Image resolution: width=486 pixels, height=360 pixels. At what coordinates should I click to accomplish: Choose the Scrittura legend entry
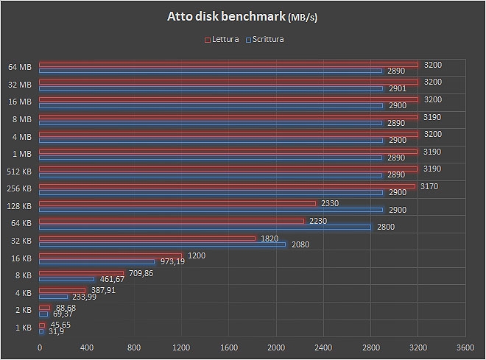coord(267,39)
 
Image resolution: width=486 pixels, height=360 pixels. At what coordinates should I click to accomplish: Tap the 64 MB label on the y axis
coord(20,68)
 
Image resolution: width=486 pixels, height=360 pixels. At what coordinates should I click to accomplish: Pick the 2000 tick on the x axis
coord(276,348)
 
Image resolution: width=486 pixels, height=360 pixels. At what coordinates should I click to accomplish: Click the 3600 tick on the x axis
coord(465,348)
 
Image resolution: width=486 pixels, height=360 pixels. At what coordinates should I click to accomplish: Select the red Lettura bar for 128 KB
coord(177,203)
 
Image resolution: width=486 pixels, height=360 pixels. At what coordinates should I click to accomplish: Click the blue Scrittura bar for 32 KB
coord(162,244)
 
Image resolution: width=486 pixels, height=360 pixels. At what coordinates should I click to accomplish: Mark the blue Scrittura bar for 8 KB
coord(66,279)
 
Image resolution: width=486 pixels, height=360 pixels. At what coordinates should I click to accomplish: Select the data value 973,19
coord(172,262)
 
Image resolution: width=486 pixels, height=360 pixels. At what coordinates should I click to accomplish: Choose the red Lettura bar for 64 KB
coord(171,221)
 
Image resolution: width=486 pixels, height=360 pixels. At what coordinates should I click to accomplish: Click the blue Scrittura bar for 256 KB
coord(211,191)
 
